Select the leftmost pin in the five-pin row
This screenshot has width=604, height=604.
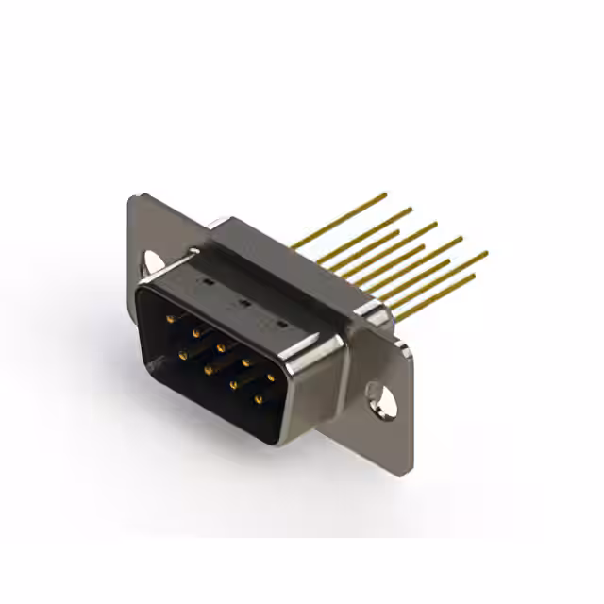(x=170, y=319)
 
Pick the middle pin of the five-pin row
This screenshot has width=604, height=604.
(x=221, y=347)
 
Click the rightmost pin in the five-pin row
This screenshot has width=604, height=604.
(x=271, y=377)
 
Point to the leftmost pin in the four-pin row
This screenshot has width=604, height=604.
(x=181, y=354)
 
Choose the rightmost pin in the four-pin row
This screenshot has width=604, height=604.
(x=259, y=400)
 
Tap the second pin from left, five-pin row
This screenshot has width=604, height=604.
(x=195, y=333)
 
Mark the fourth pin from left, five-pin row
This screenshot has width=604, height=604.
(x=245, y=361)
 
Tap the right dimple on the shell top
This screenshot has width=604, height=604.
(x=280, y=325)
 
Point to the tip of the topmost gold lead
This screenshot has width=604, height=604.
(x=385, y=194)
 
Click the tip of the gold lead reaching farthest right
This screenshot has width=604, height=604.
(x=486, y=253)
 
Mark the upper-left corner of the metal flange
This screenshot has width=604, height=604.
(x=132, y=195)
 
